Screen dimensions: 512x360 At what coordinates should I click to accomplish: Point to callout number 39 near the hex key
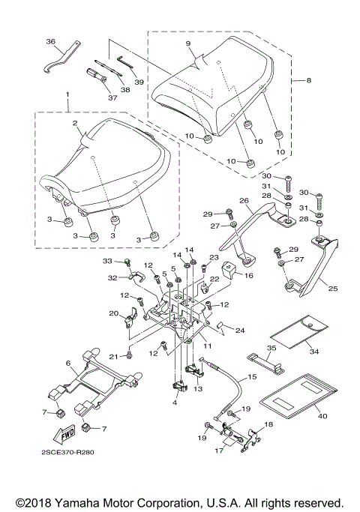click(x=139, y=82)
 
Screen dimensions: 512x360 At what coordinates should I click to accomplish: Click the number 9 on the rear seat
click(x=190, y=43)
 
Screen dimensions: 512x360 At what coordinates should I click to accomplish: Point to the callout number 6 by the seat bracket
click(x=68, y=362)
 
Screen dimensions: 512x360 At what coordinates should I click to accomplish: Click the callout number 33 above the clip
click(x=107, y=260)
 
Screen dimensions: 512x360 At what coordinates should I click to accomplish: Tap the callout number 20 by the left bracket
click(x=114, y=313)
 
